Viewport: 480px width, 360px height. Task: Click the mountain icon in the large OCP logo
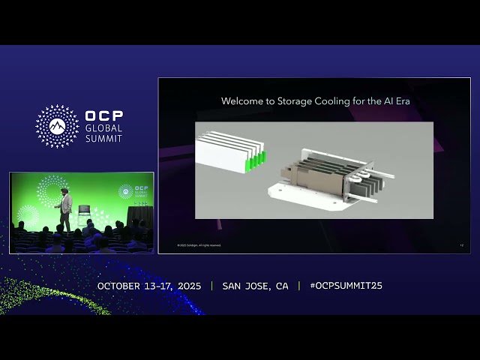click(x=57, y=125)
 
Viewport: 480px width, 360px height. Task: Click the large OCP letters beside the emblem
click(x=104, y=116)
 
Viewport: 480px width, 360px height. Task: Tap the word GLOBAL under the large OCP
click(x=103, y=128)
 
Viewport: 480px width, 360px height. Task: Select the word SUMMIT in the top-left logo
click(x=103, y=139)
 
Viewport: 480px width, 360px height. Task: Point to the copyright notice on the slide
click(x=199, y=245)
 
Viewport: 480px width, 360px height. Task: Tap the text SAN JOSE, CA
click(x=255, y=286)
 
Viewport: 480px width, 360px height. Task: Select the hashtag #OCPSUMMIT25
click(x=346, y=286)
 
